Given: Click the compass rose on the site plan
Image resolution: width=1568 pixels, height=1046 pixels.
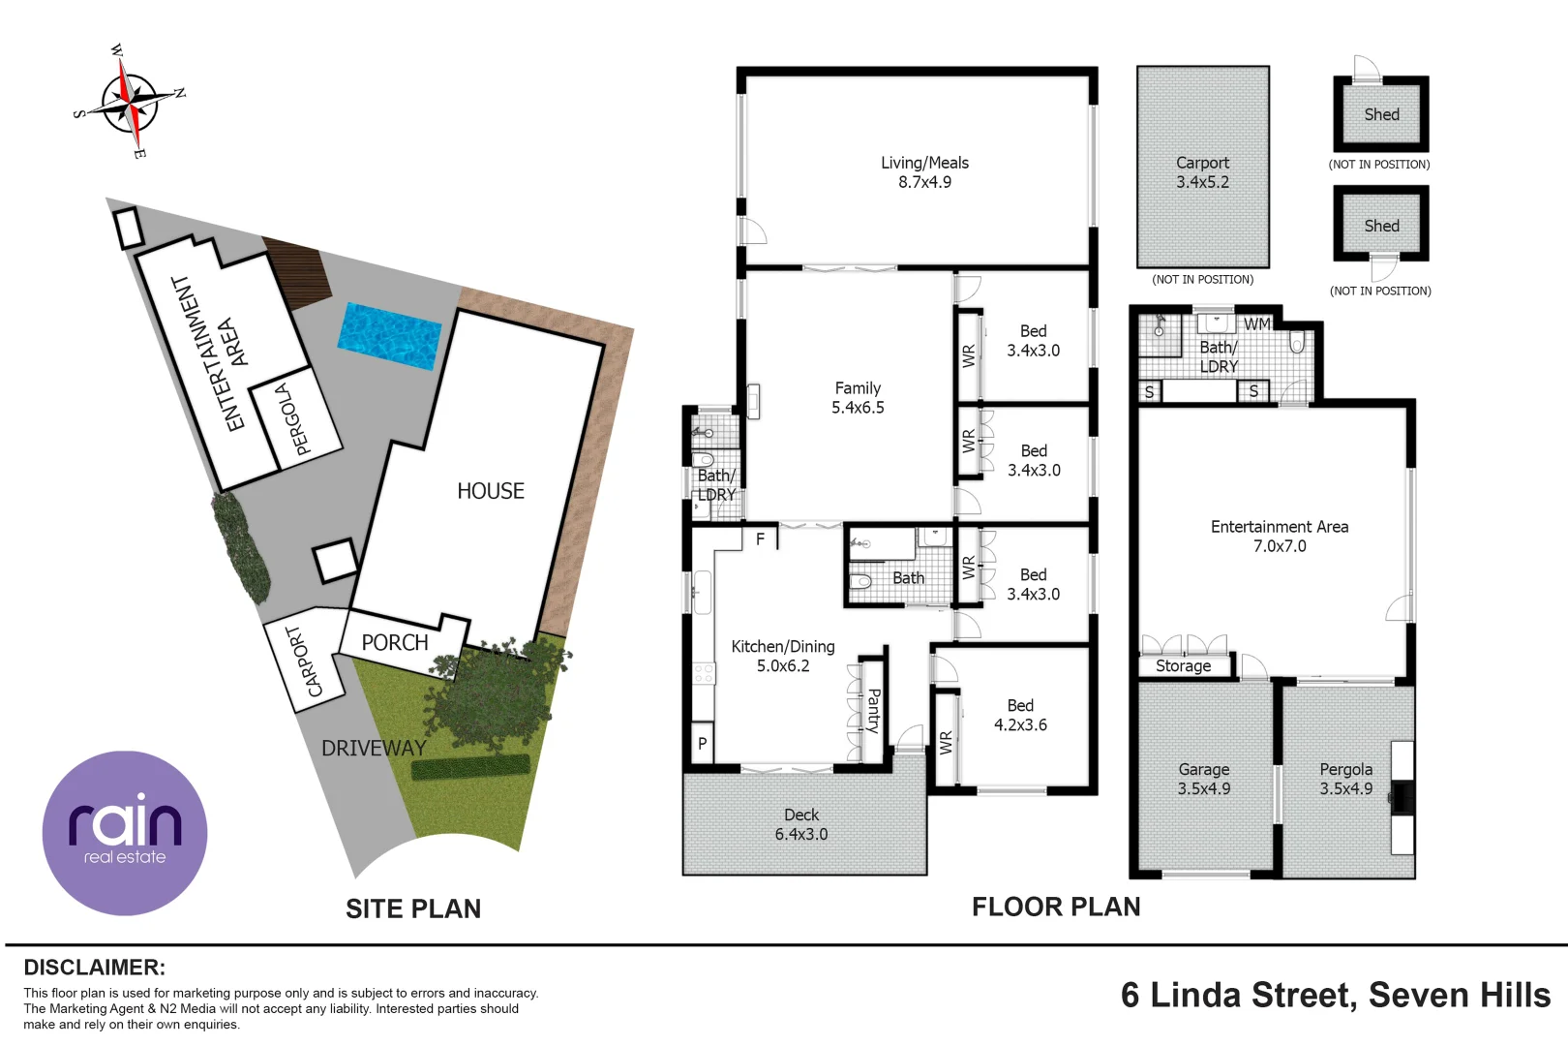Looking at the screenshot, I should coord(130,101).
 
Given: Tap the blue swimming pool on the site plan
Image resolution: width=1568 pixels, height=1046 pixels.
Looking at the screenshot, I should coord(389,335).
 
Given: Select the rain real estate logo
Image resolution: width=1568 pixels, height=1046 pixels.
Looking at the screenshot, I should coord(125,833).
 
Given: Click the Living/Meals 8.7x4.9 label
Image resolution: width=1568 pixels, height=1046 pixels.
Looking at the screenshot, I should coord(924,172).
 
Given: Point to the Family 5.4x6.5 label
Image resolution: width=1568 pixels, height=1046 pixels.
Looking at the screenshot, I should coord(858,398).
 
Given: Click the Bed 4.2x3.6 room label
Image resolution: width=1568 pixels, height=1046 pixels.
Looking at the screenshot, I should coord(1020,715).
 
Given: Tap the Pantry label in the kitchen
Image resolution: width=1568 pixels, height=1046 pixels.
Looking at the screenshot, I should coord(873,710).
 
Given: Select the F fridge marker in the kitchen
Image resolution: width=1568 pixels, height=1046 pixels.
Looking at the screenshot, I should coord(761,539).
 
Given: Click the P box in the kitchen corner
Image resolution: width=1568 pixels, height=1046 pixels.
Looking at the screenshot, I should coord(703,743).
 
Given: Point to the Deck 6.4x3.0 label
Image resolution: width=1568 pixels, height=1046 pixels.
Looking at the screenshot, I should coord(801,824).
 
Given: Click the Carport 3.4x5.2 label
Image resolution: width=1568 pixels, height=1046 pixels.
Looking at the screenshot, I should coord(1202,172).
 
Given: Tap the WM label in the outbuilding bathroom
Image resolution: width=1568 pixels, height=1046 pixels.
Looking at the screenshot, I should coord(1256,324).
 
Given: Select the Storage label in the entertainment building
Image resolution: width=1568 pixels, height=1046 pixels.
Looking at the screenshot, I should coord(1183,666).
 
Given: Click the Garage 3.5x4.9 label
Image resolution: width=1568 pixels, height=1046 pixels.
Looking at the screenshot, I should coord(1203,779).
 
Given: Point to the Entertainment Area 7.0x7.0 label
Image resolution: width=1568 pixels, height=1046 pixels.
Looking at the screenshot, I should coord(1279,537).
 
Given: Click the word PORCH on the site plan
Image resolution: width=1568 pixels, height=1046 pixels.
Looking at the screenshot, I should coord(395,643).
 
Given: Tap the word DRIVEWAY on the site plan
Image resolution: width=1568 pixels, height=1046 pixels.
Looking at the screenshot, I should coord(374,748).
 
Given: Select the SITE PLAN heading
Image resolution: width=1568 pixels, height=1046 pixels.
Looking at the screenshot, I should coord(413,908).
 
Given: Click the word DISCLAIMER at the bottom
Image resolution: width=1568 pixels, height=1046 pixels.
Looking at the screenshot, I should coord(94,968).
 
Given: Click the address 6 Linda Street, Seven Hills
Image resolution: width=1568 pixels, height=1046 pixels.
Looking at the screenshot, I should coord(1335,996).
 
